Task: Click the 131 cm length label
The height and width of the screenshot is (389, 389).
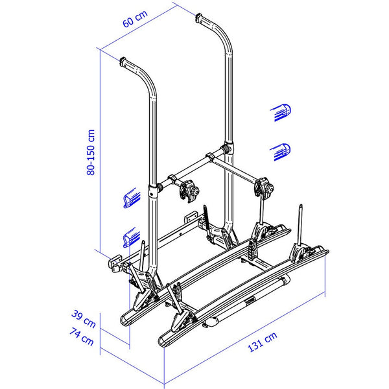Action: tap(262, 343)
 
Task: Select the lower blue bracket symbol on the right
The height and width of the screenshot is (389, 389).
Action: tap(279, 150)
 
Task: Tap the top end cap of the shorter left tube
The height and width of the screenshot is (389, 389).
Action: tap(124, 62)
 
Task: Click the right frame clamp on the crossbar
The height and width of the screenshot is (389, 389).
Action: tap(266, 187)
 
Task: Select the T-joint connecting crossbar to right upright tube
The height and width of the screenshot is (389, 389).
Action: tap(228, 150)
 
